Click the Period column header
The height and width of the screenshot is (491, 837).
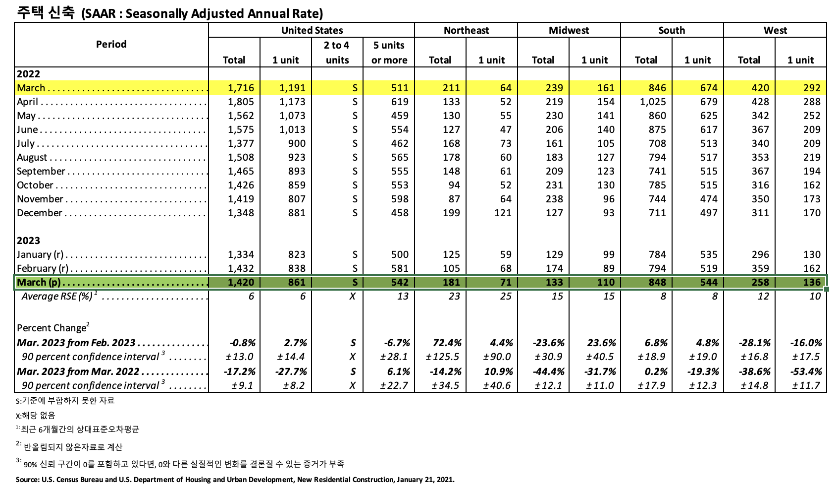pos(111,44)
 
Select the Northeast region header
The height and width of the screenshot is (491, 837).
pos(466,30)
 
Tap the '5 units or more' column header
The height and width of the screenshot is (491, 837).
pos(389,53)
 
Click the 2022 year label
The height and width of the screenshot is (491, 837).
pos(28,74)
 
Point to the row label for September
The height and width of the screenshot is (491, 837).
pos(41,171)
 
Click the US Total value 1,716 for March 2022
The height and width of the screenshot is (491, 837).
pos(241,88)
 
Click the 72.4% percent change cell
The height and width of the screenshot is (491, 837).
pos(447,343)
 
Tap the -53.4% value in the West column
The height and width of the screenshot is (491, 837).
pos(806,371)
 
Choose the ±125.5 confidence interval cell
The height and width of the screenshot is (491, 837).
pos(442,357)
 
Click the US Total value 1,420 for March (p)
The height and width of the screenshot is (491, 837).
pos(241,282)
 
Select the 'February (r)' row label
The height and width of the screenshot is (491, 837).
pos(42,268)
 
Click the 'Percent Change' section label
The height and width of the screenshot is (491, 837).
pos(52,328)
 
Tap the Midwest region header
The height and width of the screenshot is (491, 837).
pos(569,30)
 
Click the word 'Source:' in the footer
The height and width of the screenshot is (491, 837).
pos(27,480)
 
